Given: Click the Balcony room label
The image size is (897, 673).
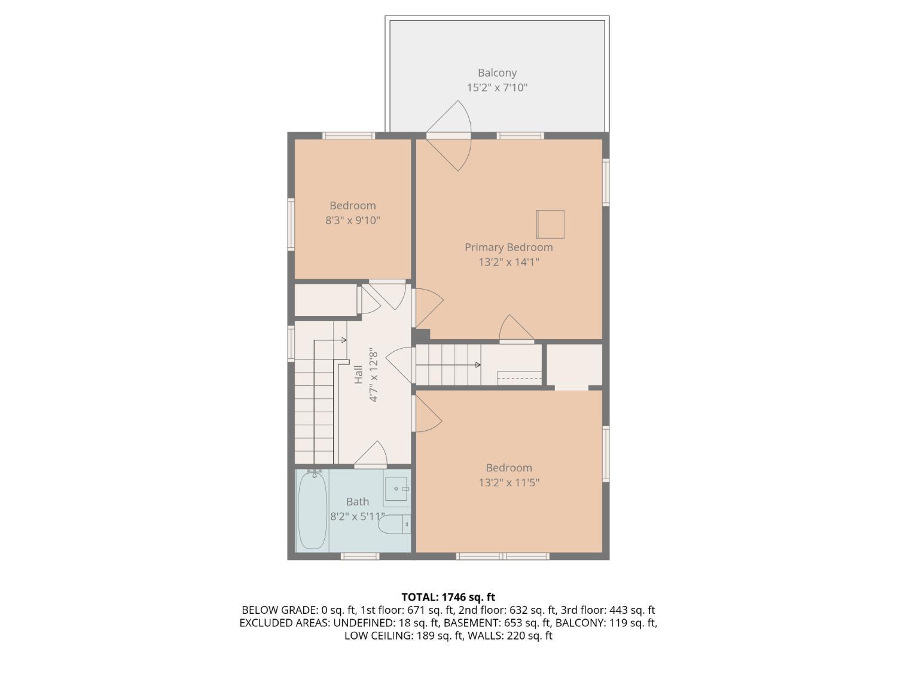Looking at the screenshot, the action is coord(497,73).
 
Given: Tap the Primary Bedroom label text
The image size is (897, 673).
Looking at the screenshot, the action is coord(508,247).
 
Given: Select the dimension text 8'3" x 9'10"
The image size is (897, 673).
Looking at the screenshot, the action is coord(352,221).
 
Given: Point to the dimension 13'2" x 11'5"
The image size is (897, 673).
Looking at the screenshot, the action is coord(509,483).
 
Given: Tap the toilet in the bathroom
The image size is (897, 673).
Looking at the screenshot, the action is coord(394,524).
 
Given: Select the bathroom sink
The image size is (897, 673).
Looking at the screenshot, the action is coord(396,489).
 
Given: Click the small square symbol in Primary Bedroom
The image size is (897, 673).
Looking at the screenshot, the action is coord(550,224).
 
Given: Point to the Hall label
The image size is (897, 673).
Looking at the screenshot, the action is coord(358,374).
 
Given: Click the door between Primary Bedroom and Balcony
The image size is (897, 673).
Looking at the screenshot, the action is coord(448,136).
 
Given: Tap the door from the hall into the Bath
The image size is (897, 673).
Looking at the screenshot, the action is coord(371,455).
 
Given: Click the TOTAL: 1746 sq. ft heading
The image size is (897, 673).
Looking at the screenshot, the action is coord(448,597).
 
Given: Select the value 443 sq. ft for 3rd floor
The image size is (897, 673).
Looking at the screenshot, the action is coord(632,610).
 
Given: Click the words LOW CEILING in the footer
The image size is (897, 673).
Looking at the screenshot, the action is coord(379,636).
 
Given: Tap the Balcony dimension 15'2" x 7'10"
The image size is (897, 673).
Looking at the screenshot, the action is coord(497,87).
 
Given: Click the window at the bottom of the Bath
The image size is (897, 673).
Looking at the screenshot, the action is coord(360,556).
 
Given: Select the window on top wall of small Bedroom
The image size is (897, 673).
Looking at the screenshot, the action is coord(349,136).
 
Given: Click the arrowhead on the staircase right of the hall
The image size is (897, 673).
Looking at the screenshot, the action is coord(478,364).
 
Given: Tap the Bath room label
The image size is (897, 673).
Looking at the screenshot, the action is coord(357,501).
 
